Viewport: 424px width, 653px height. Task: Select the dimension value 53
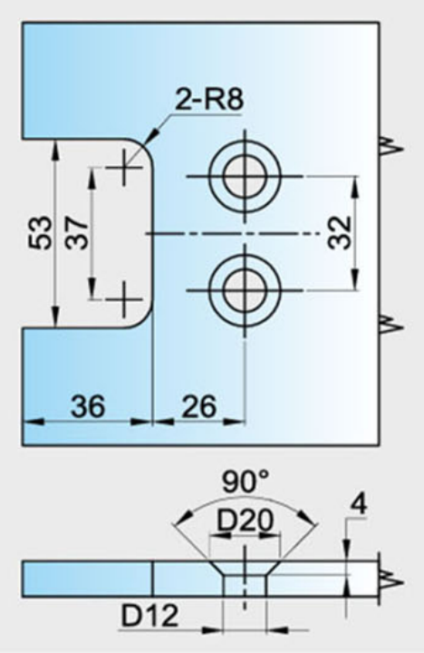[x=41, y=232]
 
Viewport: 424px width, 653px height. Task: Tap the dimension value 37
[x=77, y=232]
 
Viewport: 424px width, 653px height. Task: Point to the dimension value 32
[x=340, y=232]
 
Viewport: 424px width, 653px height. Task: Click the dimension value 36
[x=88, y=406]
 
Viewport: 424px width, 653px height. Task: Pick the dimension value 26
[x=199, y=406]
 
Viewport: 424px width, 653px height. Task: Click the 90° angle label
[x=246, y=482]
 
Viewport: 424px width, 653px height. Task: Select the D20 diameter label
[x=246, y=521]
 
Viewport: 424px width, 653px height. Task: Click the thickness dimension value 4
[x=359, y=504]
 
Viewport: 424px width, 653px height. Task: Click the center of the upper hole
[x=245, y=176]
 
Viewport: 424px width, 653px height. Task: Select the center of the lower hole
[x=245, y=290]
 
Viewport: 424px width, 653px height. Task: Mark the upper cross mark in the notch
[x=123, y=168]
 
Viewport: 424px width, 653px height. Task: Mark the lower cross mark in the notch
[x=123, y=299]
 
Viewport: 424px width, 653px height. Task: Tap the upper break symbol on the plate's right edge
[x=391, y=148]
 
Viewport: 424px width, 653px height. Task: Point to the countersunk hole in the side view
[x=245, y=579]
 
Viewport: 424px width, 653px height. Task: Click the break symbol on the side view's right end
[x=391, y=581]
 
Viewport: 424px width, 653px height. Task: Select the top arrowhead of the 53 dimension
[x=54, y=151]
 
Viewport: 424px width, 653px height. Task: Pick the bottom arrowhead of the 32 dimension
[x=355, y=279]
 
